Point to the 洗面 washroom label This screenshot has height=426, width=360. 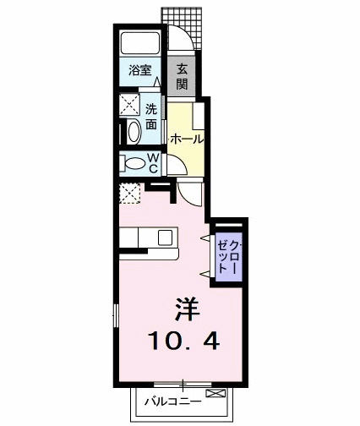(x=150, y=117)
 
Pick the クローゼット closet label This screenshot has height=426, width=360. (x=229, y=251)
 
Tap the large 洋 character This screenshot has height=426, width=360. (x=188, y=309)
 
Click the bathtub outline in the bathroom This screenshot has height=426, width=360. (x=140, y=44)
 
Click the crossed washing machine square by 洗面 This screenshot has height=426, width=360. (x=130, y=106)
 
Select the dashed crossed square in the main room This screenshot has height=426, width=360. (x=129, y=194)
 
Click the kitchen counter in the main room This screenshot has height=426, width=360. (x=150, y=241)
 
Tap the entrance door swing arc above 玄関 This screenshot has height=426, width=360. (x=180, y=39)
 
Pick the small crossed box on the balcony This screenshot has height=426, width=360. (x=218, y=394)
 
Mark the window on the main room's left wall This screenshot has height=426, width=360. (x=115, y=321)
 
